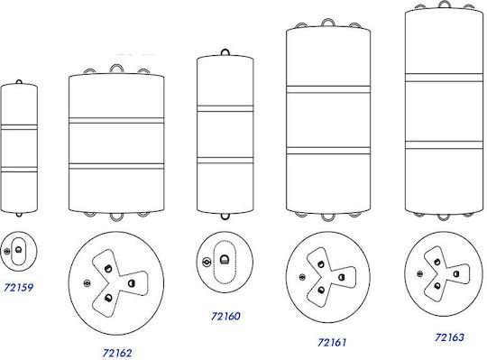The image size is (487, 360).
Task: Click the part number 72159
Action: tap(18, 288)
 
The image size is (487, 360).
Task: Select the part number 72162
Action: tap(117, 353)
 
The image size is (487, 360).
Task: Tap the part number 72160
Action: tap(225, 316)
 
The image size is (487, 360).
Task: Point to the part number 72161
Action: tap(332, 342)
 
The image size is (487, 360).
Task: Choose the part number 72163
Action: tap(449, 337)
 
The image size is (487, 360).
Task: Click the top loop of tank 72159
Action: tap(19, 81)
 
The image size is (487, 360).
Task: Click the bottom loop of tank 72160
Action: tap(225, 217)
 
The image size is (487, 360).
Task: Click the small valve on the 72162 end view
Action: tap(87, 283)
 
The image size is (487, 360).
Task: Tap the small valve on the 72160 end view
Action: tap(207, 263)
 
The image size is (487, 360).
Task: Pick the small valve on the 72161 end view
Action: tap(302, 277)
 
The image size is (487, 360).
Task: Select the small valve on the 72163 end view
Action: tap(419, 273)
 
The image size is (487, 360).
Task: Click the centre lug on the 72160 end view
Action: tap(225, 260)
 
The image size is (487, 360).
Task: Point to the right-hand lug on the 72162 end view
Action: tap(131, 283)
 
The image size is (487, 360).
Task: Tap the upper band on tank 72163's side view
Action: tap(444, 78)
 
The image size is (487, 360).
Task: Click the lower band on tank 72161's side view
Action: tap(328, 151)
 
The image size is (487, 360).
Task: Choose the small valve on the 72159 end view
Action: tap(7, 251)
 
